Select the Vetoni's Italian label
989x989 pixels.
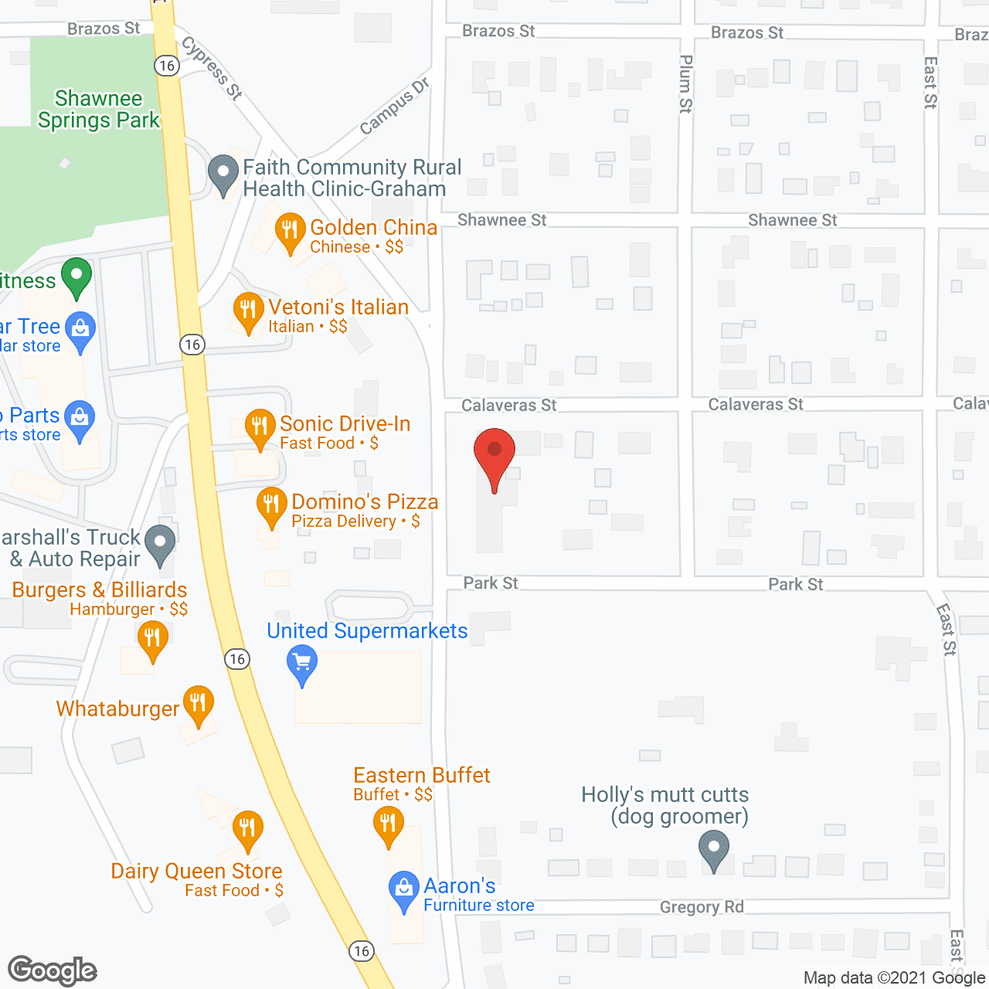338,308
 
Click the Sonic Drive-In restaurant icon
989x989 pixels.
260,427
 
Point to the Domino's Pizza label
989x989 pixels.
365,502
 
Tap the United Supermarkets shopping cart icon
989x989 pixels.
302,664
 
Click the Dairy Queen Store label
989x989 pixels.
196,872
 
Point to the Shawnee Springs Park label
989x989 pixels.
98,110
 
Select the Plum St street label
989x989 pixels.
685,83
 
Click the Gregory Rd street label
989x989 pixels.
702,907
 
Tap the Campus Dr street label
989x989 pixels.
394,107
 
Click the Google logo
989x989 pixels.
53,970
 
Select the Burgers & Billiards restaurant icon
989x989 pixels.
152,640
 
